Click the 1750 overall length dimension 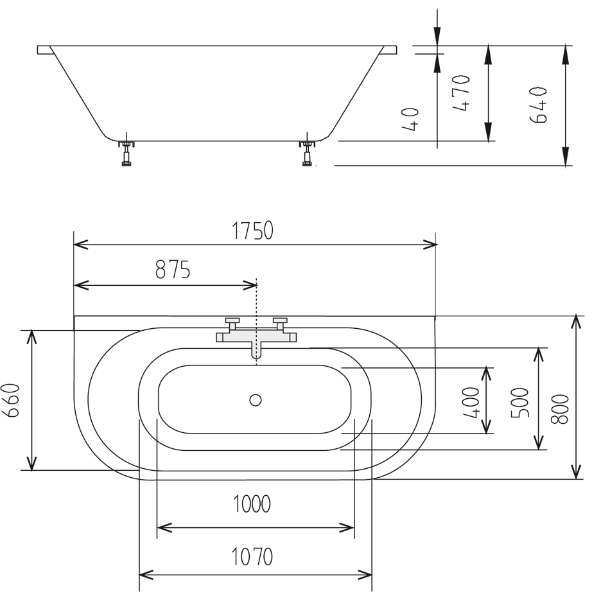click(x=253, y=231)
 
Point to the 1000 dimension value click(x=251, y=505)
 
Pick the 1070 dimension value click(x=253, y=556)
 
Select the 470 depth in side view click(x=462, y=94)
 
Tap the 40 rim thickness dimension click(x=412, y=119)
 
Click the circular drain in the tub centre click(x=256, y=400)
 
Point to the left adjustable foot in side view click(x=127, y=153)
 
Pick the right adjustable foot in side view click(x=308, y=153)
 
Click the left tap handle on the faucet click(x=232, y=320)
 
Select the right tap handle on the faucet click(x=280, y=320)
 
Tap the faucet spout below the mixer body click(x=256, y=350)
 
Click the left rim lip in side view click(x=44, y=49)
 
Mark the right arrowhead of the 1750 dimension click(x=431, y=245)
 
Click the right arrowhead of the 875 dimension click(x=251, y=285)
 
